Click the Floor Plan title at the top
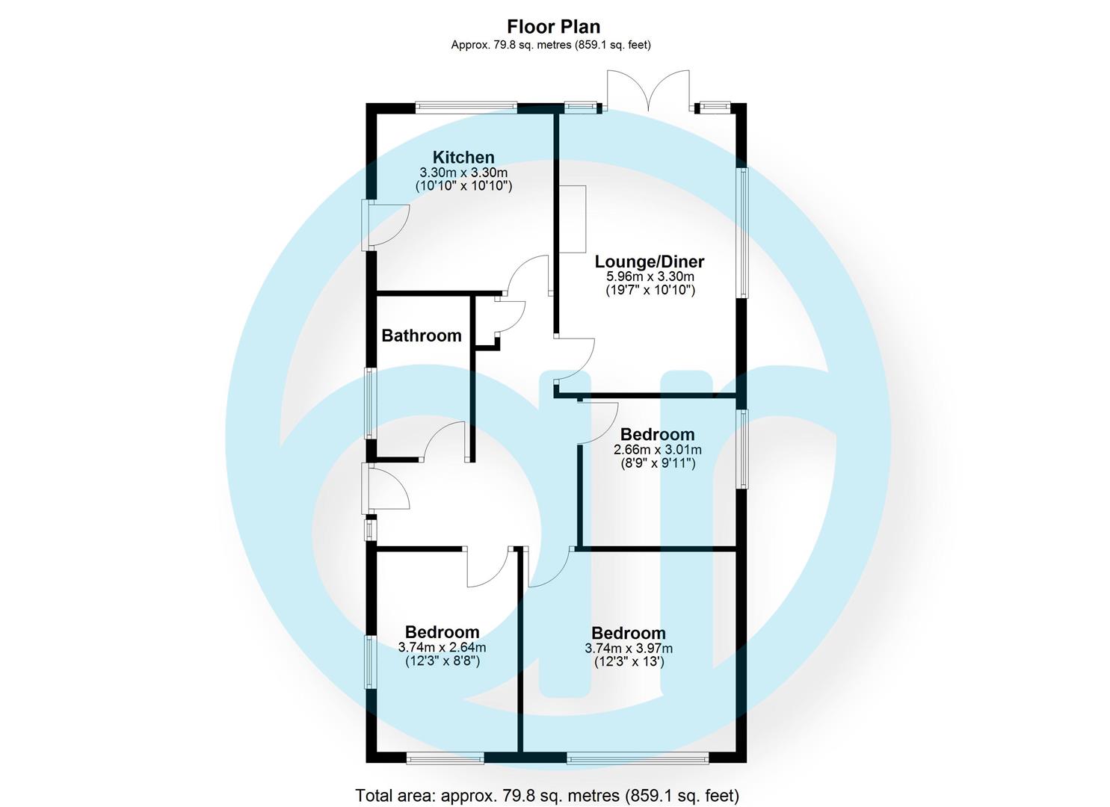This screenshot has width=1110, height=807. click(553, 26)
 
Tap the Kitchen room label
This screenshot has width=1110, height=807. click(463, 158)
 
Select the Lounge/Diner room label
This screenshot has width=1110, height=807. click(649, 262)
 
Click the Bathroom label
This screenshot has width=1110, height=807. click(422, 336)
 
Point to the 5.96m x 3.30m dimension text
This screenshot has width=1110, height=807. click(650, 276)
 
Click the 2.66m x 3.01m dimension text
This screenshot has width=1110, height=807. click(657, 450)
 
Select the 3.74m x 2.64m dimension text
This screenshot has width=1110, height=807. click(442, 648)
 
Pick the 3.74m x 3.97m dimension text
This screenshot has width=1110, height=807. click(628, 649)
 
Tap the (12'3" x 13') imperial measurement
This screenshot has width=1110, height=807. click(628, 662)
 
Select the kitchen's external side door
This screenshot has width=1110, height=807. click(385, 225)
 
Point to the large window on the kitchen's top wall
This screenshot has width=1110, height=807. click(466, 108)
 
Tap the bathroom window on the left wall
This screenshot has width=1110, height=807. click(370, 402)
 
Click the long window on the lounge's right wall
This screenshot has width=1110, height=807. click(742, 233)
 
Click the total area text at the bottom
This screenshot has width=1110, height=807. click(546, 796)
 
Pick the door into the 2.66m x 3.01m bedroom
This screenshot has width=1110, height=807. click(599, 423)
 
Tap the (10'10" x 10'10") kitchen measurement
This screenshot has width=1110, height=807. click(463, 186)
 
